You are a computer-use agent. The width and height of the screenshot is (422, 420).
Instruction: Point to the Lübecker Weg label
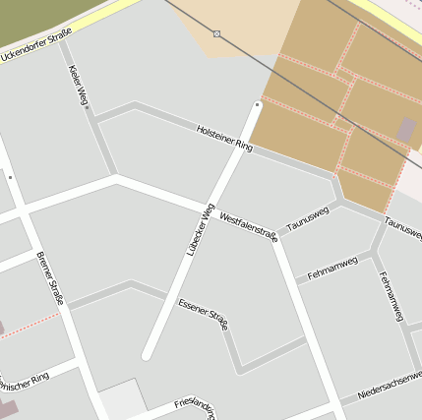pyautogui.click(x=201, y=230)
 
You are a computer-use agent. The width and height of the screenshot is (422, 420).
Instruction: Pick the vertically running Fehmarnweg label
pyautogui.click(x=391, y=294)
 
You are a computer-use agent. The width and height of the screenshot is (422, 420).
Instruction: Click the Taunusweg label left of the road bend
pyautogui.click(x=307, y=218)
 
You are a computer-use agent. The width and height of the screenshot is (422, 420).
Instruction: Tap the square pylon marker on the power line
pyautogui.click(x=216, y=33)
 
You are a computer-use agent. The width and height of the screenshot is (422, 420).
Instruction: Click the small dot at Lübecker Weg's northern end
pyautogui.click(x=257, y=103)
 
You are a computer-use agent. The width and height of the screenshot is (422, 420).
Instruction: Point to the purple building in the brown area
pyautogui.click(x=406, y=129)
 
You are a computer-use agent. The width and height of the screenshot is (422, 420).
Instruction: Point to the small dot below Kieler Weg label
pyautogui.click(x=87, y=108)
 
